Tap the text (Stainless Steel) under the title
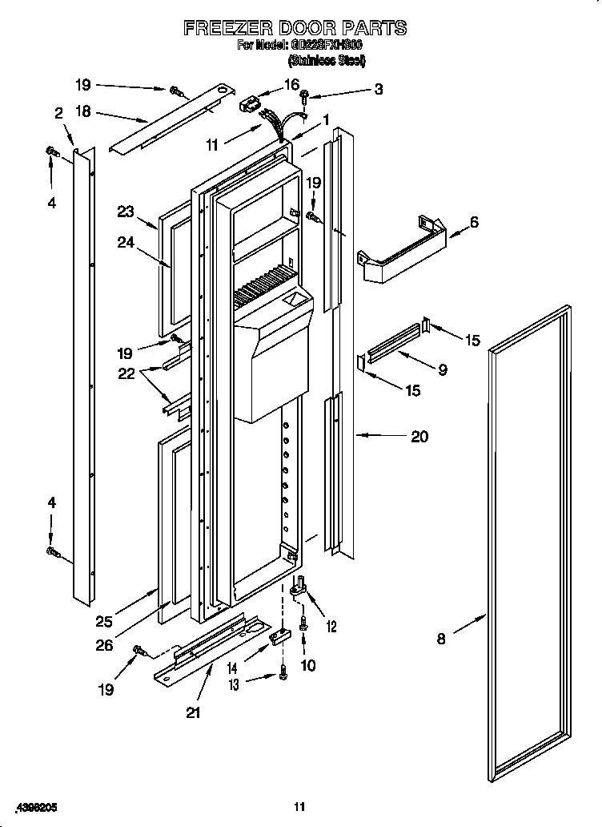point(326,60)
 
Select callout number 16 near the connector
point(291,84)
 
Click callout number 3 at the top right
point(379,90)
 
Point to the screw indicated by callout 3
point(305,97)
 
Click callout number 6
point(474,222)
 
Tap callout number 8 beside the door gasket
point(441,639)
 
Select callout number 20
point(419,436)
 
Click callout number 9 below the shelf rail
point(443,369)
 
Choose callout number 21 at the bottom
point(193,712)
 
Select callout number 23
point(125,212)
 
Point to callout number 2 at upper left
point(58,114)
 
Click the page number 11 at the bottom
point(299,806)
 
